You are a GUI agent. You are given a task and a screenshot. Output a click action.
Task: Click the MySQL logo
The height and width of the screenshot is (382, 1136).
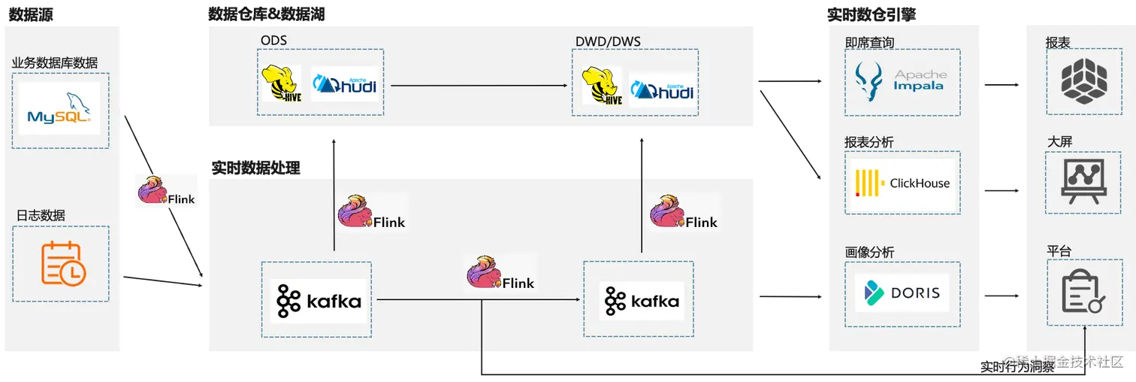(59, 110)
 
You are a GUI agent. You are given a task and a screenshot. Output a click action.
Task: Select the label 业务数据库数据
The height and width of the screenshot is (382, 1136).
(55, 63)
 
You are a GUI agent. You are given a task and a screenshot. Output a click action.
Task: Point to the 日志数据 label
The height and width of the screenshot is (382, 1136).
(41, 216)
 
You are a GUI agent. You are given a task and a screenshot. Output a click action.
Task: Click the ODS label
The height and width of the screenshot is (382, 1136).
(273, 41)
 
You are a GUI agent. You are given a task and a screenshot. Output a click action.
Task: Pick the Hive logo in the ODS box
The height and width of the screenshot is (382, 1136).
(281, 83)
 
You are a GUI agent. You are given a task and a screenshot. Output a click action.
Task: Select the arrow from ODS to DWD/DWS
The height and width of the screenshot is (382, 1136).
(479, 86)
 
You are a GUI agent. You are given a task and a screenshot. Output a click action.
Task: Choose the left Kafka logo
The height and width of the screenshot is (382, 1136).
(319, 301)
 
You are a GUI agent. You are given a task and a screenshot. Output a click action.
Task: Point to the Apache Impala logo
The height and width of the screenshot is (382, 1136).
(902, 81)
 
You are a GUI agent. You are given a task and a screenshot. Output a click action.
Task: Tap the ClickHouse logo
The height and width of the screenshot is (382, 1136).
(902, 183)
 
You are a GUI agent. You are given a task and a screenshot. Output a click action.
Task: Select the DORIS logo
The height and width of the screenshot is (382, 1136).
(902, 293)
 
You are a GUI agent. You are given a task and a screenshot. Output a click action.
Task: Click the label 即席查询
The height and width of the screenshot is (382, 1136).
(869, 43)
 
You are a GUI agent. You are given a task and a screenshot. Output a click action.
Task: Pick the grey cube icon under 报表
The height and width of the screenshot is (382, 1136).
(1084, 82)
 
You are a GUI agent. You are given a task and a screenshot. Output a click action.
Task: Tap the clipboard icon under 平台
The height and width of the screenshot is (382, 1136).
(1083, 291)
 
